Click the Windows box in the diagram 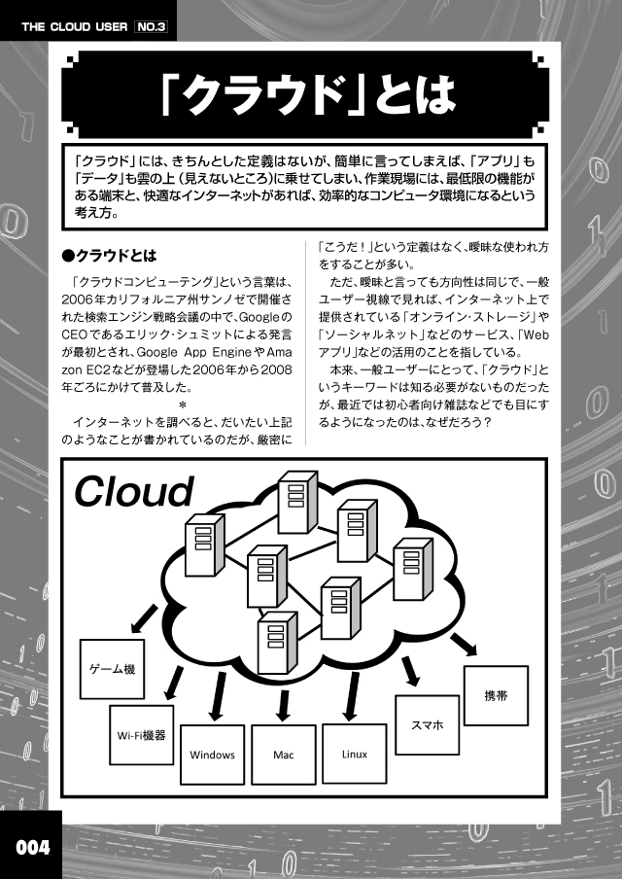coord(213,755)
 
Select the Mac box coord(284,755)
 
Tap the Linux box coord(355,754)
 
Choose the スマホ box coord(428,724)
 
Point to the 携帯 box coord(496,695)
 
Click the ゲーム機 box coord(112,669)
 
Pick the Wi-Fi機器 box coord(142,735)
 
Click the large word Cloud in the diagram coord(134,492)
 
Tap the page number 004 coord(32,847)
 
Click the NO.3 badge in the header coord(152,27)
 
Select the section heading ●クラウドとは coord(109,256)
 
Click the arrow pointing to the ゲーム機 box coord(144,617)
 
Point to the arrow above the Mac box coord(284,705)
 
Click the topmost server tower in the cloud coord(297,503)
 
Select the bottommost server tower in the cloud coord(277,643)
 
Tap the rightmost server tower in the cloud coord(413,570)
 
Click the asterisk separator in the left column coord(182,404)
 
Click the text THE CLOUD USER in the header coord(75,27)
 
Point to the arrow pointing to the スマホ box coord(410,671)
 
